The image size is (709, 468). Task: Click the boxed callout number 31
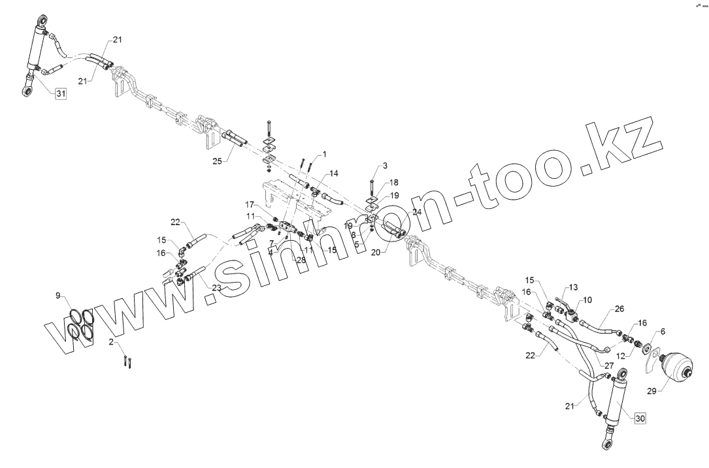pos(60,95)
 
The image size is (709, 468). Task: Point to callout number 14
pos(334,174)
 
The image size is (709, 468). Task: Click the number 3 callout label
pos(386,165)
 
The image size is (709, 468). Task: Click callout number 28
pos(301,260)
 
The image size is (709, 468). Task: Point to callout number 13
pos(573,287)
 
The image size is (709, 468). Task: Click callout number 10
pos(587,300)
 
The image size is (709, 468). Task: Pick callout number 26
pos(619,309)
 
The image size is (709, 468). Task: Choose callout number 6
pos(663,332)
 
